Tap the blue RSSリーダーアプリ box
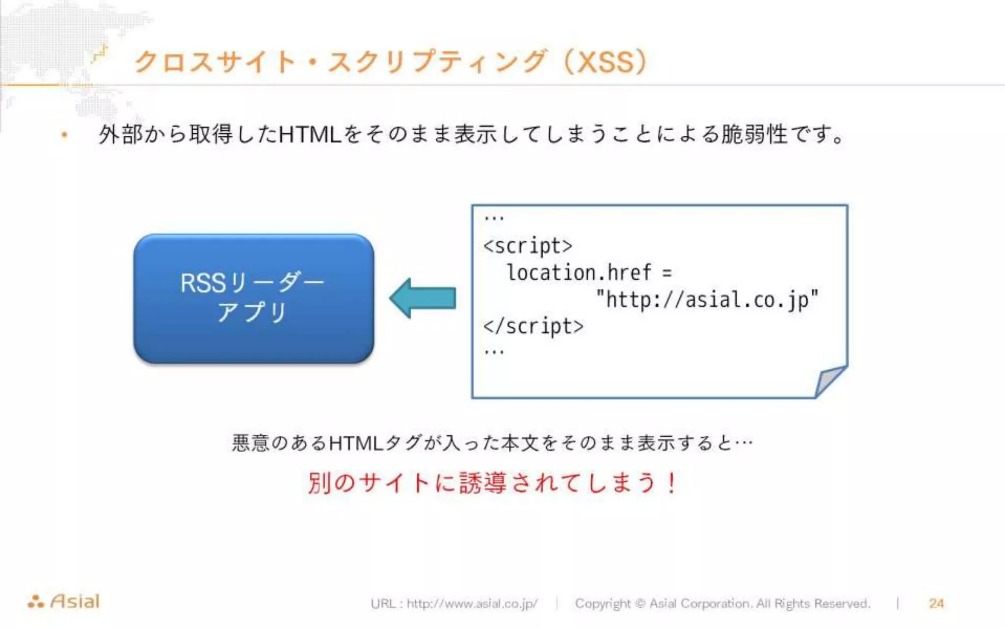click(253, 298)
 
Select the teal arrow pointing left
click(423, 298)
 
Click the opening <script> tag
click(528, 245)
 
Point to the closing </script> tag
click(533, 326)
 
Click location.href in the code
click(579, 272)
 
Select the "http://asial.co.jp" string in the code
click(707, 300)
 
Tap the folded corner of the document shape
click(829, 380)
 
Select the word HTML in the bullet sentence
click(310, 134)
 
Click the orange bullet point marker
click(64, 135)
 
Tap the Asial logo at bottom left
click(64, 602)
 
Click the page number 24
click(936, 603)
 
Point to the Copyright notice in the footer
click(722, 603)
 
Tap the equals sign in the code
click(666, 273)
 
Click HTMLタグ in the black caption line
click(374, 443)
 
